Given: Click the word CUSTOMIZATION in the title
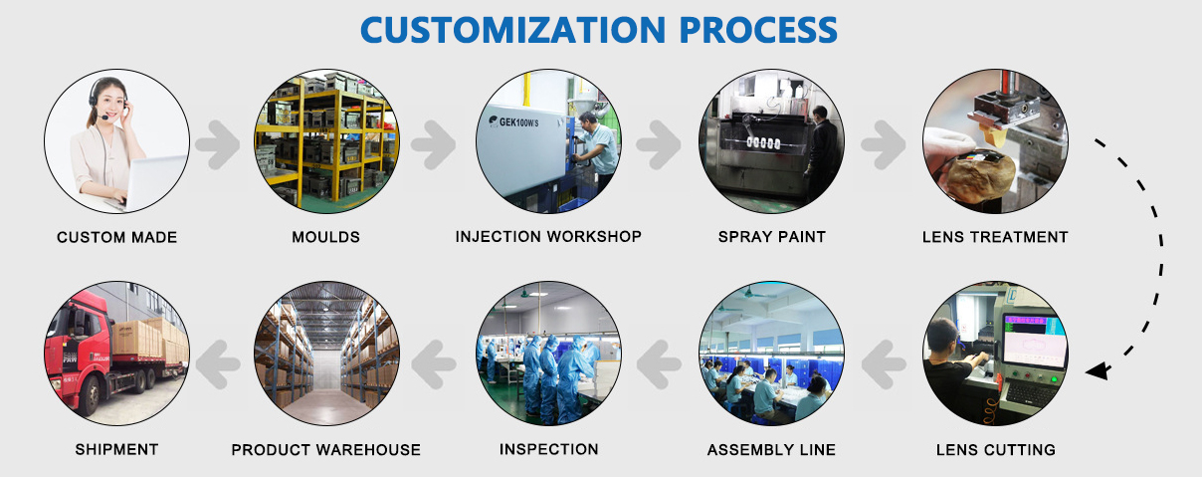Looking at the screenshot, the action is tap(513, 30).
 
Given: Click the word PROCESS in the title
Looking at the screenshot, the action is tap(758, 30).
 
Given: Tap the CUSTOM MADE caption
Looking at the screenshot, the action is tap(117, 237).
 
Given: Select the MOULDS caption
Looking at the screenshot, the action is tap(325, 237).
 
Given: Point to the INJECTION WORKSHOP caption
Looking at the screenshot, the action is tap(548, 236).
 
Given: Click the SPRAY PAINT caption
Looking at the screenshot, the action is tap(771, 237).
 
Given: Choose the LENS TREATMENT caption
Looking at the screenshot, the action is tap(995, 237).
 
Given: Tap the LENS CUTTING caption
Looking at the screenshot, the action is tap(996, 449).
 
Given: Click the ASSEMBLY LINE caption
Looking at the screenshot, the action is tap(771, 449).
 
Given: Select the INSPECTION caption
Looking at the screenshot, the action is tap(549, 449).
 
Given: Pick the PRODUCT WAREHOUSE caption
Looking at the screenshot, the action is tap(325, 449).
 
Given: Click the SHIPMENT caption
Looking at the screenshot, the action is tap(117, 449).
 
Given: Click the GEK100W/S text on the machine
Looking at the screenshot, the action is tap(518, 122).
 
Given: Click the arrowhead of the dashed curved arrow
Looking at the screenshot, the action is tap(1097, 370).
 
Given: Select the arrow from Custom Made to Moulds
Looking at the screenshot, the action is tap(217, 144).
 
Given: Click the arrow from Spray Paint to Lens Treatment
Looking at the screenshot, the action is tap(884, 144).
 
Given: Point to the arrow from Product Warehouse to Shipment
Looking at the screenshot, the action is tap(218, 364).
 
